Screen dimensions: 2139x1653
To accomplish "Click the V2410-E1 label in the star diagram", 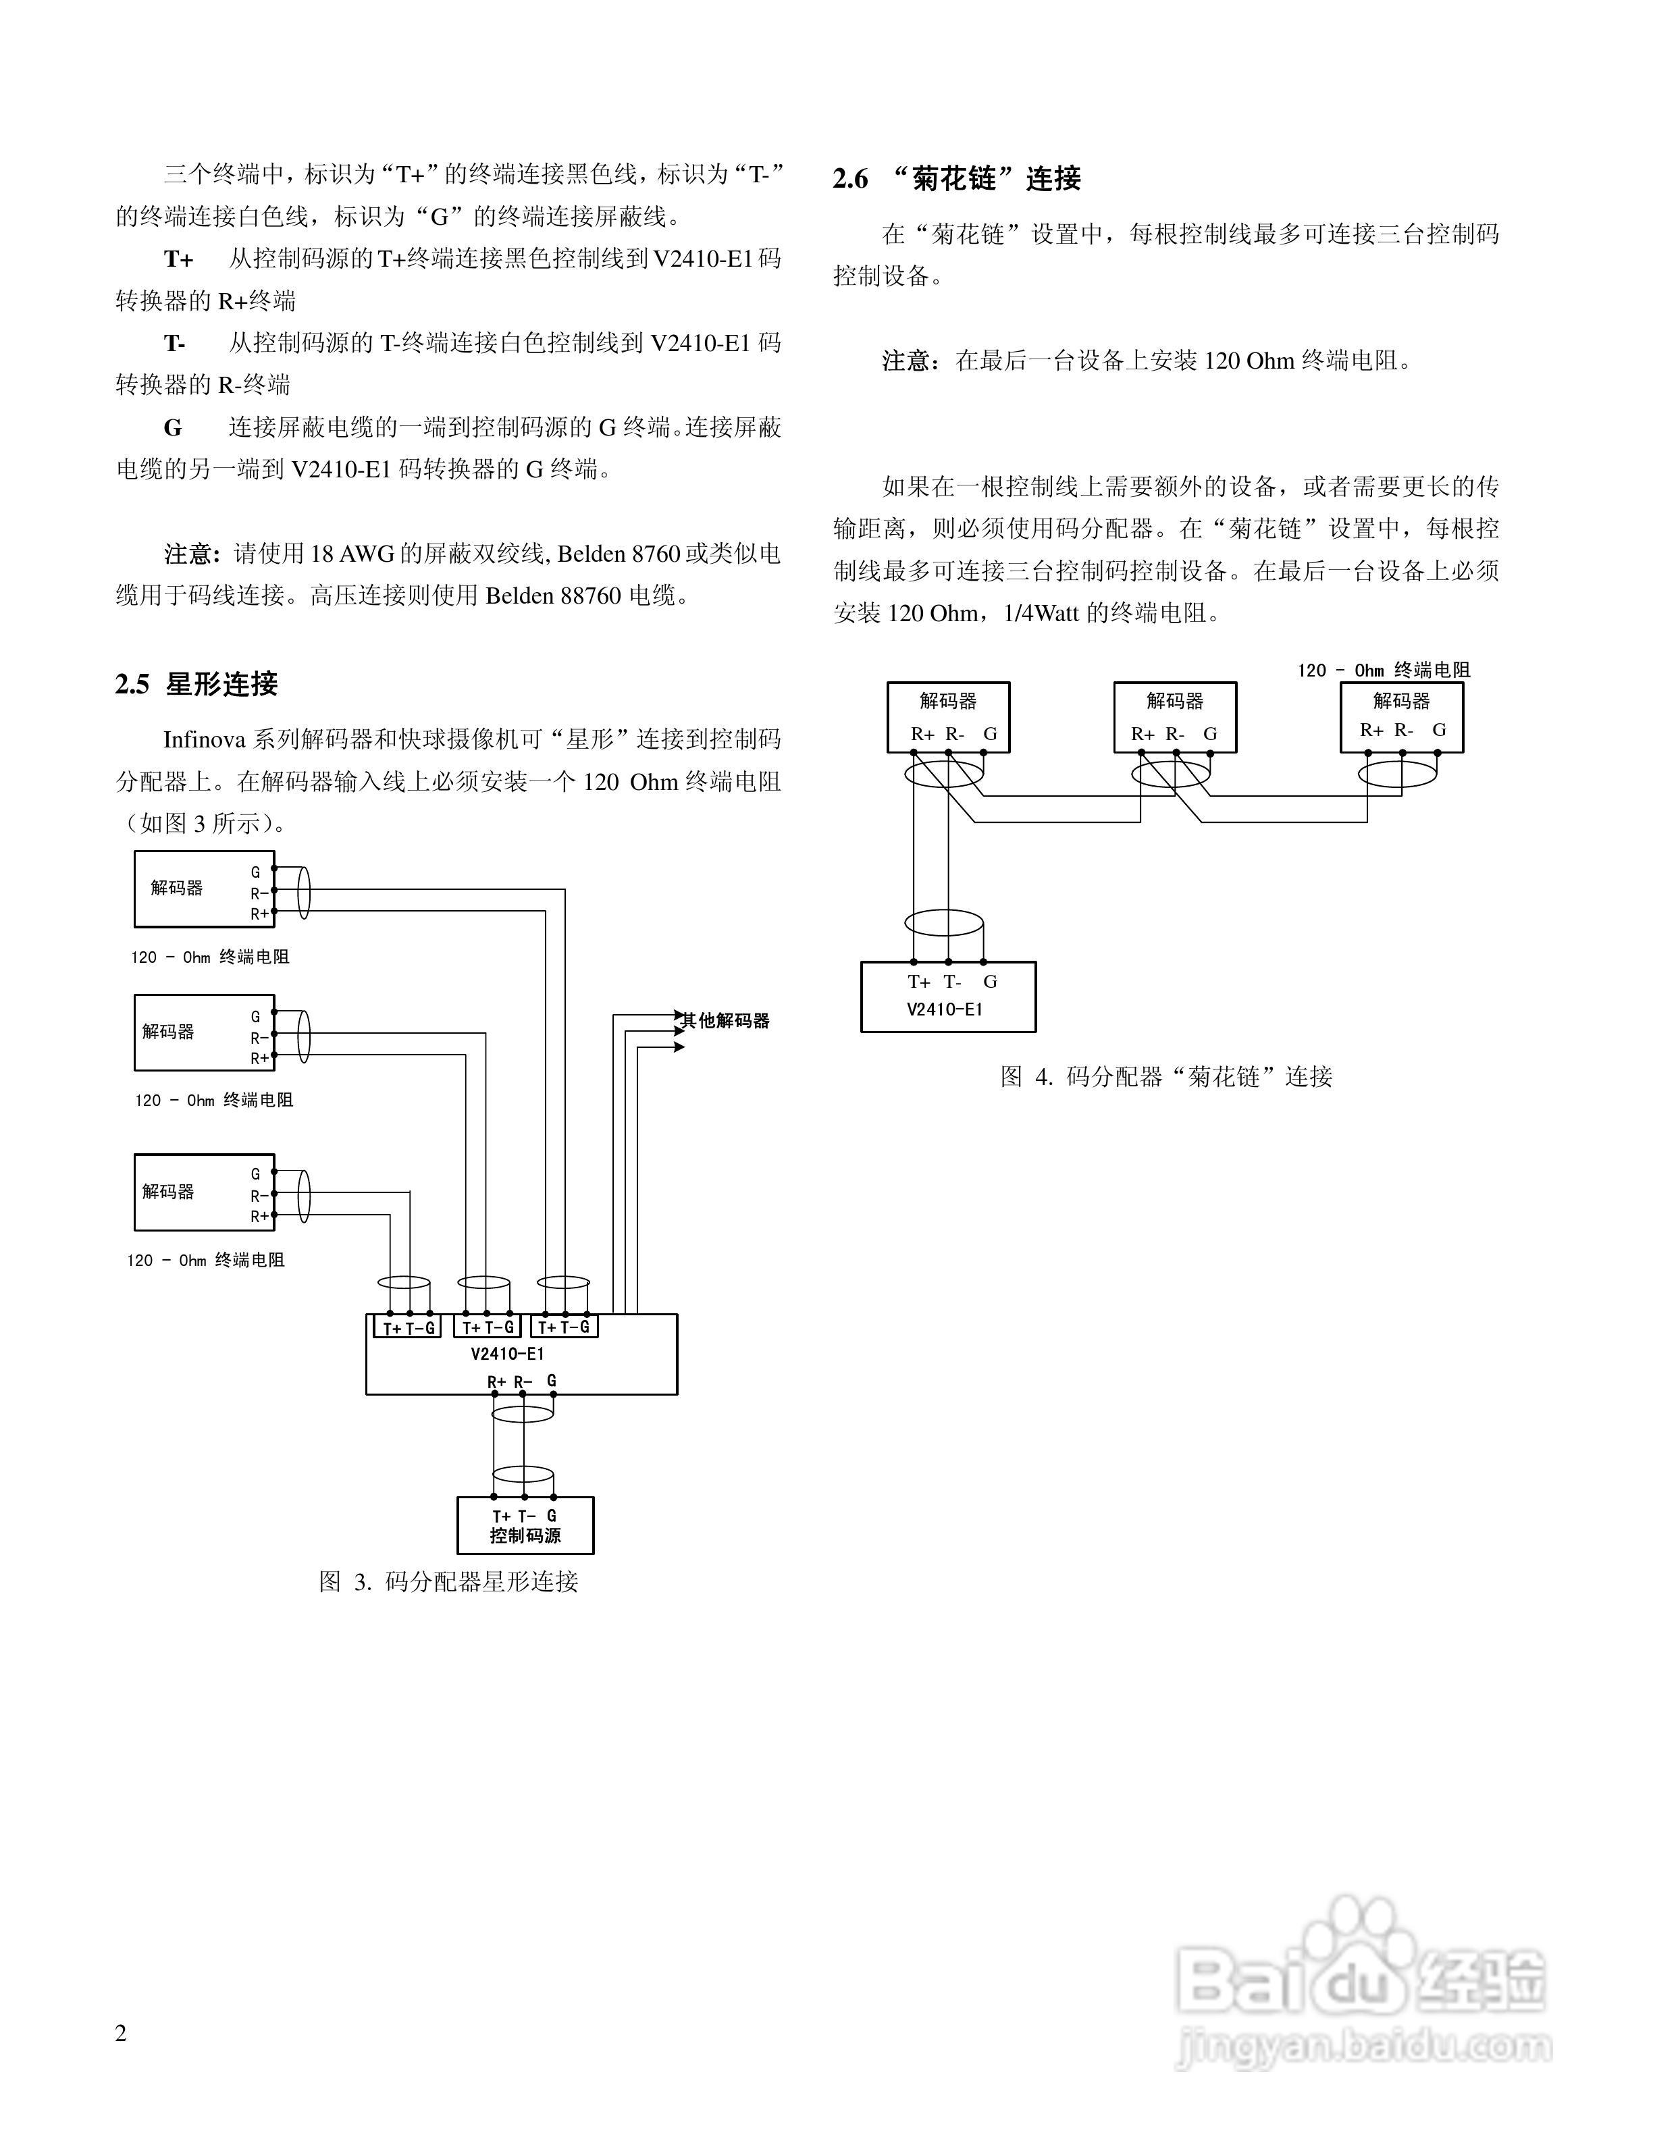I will click(506, 1354).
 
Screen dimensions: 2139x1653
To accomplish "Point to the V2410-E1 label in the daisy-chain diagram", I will click(944, 1009).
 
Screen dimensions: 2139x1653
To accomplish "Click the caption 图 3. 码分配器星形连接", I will click(448, 1582).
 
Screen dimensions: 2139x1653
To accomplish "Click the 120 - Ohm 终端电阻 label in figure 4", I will click(1383, 670).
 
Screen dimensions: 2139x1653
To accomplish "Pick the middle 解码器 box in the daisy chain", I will click(1174, 717).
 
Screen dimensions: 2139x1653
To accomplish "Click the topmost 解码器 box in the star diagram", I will click(204, 889).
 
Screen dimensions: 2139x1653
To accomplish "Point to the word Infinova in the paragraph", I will click(204, 739).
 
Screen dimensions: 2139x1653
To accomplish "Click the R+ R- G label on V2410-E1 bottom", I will click(522, 1381).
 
